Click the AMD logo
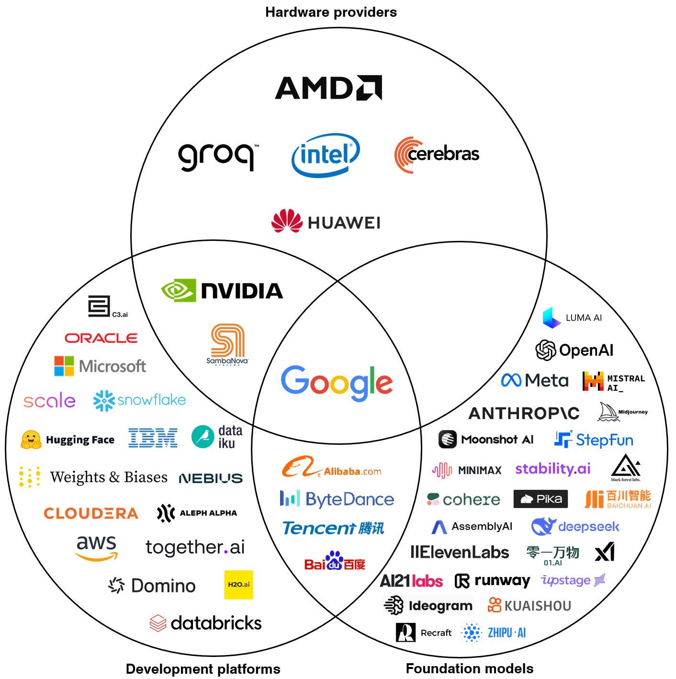[x=328, y=88]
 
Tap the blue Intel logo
[x=326, y=155]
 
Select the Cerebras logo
[x=437, y=154]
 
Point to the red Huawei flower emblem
[x=287, y=221]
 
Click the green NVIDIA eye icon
[x=179, y=290]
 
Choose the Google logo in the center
[x=337, y=383]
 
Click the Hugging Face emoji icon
[x=31, y=440]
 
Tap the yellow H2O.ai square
[x=238, y=585]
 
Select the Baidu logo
[x=335, y=561]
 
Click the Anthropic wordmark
[x=524, y=413]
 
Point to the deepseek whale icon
[x=543, y=527]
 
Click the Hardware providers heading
[x=331, y=12]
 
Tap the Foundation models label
[x=469, y=668]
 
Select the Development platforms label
[x=203, y=669]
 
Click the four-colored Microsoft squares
[x=64, y=366]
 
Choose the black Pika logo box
[x=541, y=499]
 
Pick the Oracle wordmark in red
[x=101, y=338]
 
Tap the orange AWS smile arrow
[x=97, y=556]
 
